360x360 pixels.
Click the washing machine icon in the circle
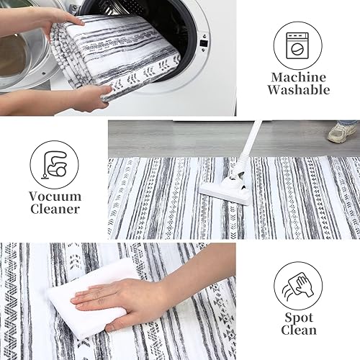pos(297,42)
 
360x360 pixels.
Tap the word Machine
pos(297,77)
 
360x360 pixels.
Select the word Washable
pos(297,91)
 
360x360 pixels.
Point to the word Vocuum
pos(55,196)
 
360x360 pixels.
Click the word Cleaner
pos(55,210)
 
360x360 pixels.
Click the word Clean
pos(298,330)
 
